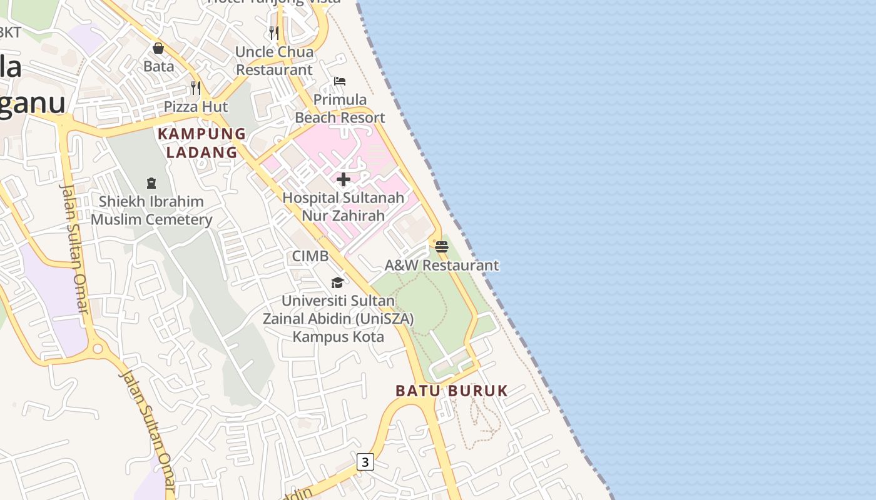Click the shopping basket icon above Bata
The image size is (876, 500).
(x=158, y=48)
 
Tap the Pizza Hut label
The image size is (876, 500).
(x=196, y=107)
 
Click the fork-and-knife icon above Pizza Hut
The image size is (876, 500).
(x=196, y=88)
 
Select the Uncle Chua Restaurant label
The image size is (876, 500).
(x=274, y=61)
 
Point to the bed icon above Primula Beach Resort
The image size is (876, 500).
(x=340, y=81)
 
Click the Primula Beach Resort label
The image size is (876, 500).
(x=340, y=108)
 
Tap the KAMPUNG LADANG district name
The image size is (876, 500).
(x=201, y=142)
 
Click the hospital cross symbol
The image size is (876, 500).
(x=344, y=180)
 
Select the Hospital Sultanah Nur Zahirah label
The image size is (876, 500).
(x=344, y=206)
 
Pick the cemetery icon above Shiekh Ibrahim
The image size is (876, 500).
(x=151, y=183)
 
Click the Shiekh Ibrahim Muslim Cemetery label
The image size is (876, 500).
(x=151, y=211)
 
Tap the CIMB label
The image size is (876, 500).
(x=310, y=256)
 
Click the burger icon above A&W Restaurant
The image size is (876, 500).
(x=442, y=246)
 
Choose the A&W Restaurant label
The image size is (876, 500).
(x=442, y=265)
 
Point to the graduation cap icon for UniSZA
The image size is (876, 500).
(x=338, y=282)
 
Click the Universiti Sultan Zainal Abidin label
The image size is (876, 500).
(x=338, y=318)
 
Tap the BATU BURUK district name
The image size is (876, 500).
(x=452, y=391)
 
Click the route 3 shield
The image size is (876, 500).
(x=365, y=462)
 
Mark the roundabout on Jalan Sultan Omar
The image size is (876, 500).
(x=97, y=347)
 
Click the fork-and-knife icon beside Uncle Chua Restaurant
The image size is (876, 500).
(x=274, y=33)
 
